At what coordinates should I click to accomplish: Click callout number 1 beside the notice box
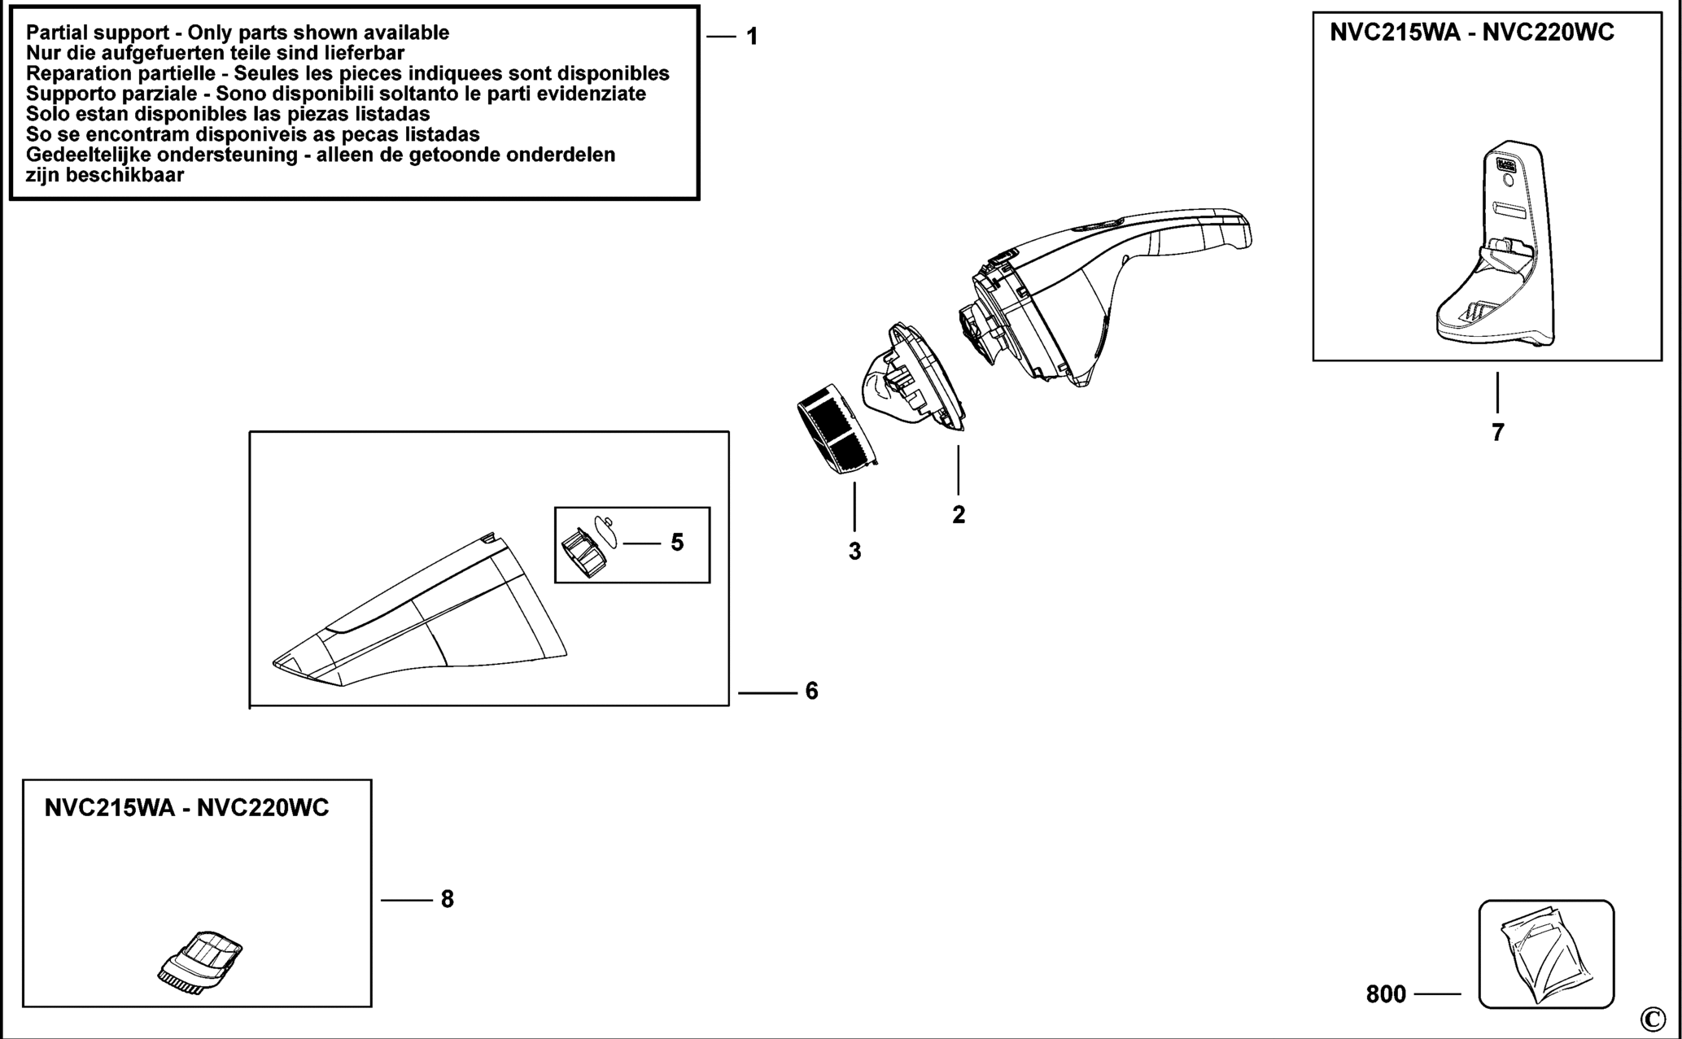click(x=752, y=37)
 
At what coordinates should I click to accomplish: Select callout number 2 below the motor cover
click(x=959, y=514)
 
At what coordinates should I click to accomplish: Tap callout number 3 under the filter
click(x=854, y=551)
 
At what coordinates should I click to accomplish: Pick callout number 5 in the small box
click(x=677, y=543)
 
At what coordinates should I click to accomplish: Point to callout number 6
click(x=811, y=691)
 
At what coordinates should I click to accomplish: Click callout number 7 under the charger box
click(x=1498, y=433)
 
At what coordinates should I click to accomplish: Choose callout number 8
click(x=447, y=899)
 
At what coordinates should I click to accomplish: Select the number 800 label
click(x=1386, y=994)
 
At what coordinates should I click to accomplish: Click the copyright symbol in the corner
click(x=1653, y=1019)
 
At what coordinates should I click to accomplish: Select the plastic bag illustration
click(x=1545, y=954)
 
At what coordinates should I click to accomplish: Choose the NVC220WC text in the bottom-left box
click(x=263, y=808)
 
